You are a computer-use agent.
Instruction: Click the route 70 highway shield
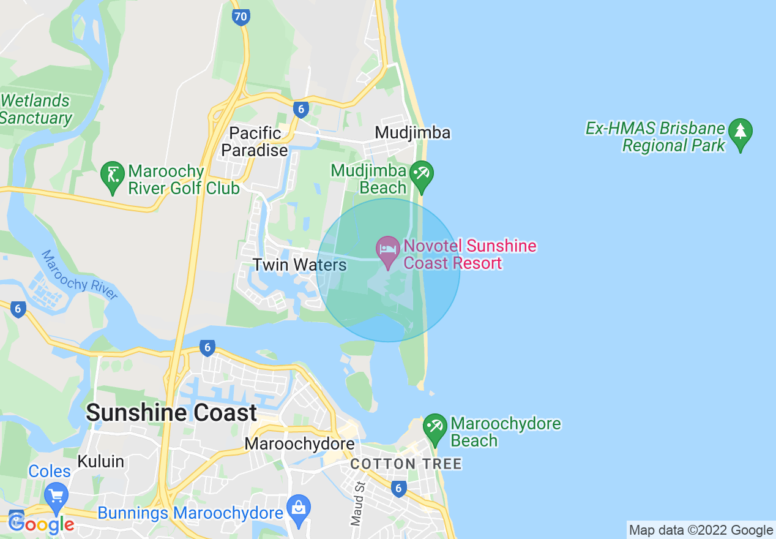click(241, 17)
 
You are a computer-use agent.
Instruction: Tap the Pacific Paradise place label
click(255, 141)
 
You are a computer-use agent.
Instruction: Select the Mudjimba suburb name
click(412, 133)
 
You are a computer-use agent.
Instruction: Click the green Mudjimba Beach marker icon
click(422, 175)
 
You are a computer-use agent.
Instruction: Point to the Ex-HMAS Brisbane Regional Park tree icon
click(741, 133)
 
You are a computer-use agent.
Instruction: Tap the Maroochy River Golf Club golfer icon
click(113, 176)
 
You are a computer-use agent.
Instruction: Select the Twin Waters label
click(300, 265)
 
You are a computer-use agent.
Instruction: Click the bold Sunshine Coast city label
click(171, 412)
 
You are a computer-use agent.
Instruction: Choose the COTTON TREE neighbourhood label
click(406, 464)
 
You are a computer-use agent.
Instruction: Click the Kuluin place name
click(100, 461)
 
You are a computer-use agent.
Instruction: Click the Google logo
click(42, 524)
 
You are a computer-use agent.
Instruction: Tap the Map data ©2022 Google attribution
click(701, 530)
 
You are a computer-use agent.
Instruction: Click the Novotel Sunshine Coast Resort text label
click(470, 255)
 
